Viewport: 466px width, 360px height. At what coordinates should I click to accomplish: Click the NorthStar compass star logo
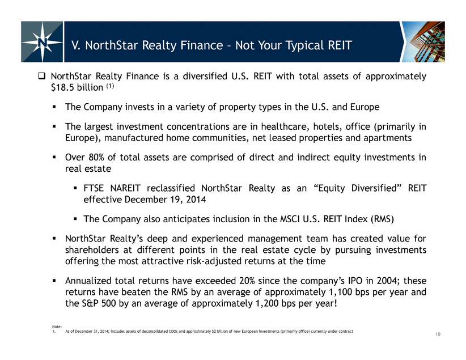point(42,41)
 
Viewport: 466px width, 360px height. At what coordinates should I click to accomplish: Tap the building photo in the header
point(423,41)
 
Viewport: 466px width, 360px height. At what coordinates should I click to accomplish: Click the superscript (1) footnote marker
point(110,86)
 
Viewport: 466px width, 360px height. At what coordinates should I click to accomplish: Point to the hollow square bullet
point(41,76)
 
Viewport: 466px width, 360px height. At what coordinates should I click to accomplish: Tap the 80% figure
point(96,157)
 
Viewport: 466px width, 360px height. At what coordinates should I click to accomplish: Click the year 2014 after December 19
point(196,200)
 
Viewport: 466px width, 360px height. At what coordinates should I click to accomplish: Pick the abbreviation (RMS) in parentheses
point(382,219)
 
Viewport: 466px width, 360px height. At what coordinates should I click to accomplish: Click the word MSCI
point(290,219)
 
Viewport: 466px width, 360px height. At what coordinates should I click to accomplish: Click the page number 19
point(438,334)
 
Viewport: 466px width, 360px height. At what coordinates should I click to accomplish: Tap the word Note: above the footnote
point(57,327)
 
